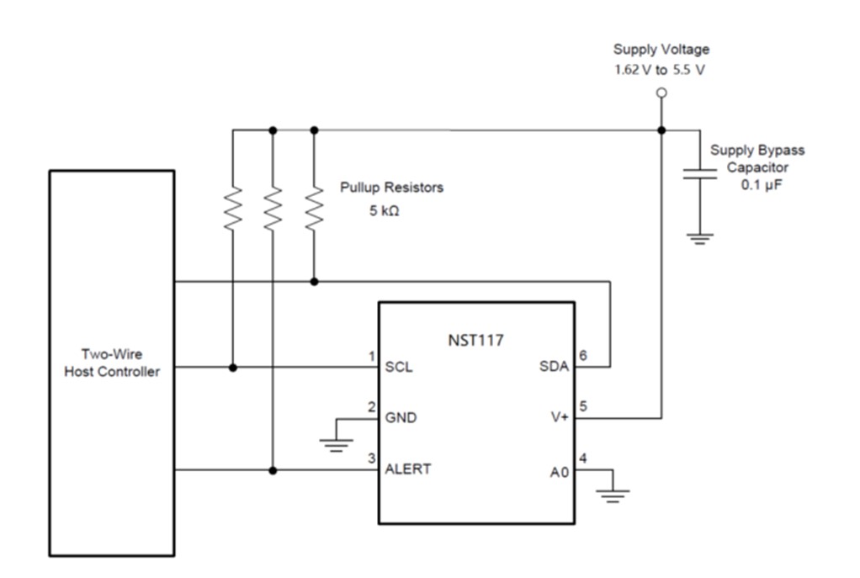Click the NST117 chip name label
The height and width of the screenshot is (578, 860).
(x=476, y=341)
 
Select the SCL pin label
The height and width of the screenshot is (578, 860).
(x=399, y=368)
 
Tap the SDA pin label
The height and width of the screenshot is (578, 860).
(x=554, y=368)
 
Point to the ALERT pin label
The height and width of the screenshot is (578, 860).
(x=408, y=469)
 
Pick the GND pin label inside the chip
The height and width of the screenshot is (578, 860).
(x=401, y=418)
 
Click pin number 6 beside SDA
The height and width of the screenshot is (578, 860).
(x=582, y=357)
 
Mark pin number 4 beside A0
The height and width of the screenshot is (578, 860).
(x=582, y=459)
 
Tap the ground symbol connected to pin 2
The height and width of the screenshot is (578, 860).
(x=337, y=443)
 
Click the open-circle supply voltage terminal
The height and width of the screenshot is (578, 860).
(x=661, y=93)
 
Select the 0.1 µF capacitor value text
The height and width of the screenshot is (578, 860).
(x=761, y=185)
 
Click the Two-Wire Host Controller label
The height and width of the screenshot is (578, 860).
(x=112, y=363)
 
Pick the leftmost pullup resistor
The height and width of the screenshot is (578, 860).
(x=232, y=207)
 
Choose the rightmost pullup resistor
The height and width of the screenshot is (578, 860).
(x=314, y=207)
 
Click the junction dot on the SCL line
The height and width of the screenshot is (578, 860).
(x=232, y=368)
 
